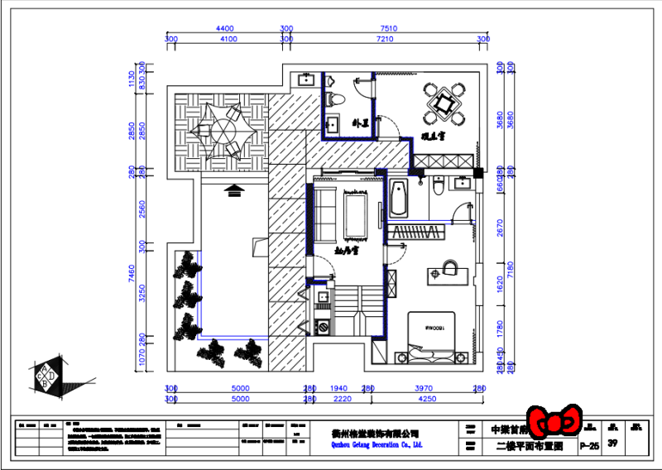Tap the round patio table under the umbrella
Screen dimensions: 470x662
(222, 130)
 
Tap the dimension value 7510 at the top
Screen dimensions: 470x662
(388, 29)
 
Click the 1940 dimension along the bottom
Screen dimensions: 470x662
(339, 388)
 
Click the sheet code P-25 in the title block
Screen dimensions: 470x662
(589, 445)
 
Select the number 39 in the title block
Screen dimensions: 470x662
(612, 444)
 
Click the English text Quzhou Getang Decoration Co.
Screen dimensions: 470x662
(364, 445)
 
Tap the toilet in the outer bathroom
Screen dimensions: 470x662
(334, 98)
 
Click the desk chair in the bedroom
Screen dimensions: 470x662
(450, 266)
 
